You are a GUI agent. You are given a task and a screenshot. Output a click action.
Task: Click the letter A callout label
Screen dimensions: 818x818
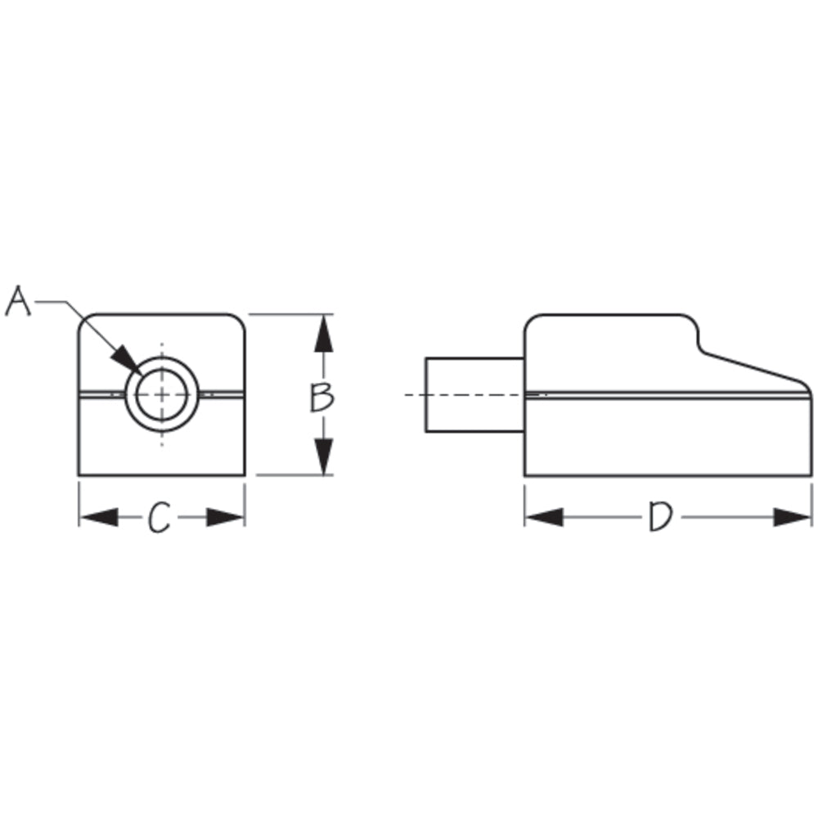coord(18,301)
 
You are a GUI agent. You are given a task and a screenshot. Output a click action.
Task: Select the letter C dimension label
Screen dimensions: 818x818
coord(160,518)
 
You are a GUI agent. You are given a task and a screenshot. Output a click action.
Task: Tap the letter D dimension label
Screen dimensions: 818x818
coord(659,518)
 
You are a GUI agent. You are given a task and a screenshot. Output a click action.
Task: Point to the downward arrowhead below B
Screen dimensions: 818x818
coord(324,455)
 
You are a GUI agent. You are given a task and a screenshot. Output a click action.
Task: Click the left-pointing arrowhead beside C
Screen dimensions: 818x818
coord(99,518)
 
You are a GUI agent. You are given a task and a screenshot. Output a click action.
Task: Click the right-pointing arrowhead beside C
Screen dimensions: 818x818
coord(225,518)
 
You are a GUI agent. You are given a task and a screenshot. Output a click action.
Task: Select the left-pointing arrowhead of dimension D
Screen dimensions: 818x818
coord(544,517)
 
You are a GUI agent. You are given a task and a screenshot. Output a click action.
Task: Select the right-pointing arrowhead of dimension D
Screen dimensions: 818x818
coord(792,517)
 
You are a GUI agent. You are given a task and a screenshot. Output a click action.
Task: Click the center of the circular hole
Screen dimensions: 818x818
coord(162,394)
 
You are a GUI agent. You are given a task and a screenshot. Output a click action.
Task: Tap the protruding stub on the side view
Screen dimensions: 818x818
coord(474,395)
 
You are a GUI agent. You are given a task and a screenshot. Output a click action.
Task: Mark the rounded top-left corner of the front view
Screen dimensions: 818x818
coord(85,321)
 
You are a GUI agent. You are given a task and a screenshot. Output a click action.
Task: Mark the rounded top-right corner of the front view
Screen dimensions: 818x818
coord(239,321)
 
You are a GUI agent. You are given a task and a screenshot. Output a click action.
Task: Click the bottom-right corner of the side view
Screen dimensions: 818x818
coord(809,474)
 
